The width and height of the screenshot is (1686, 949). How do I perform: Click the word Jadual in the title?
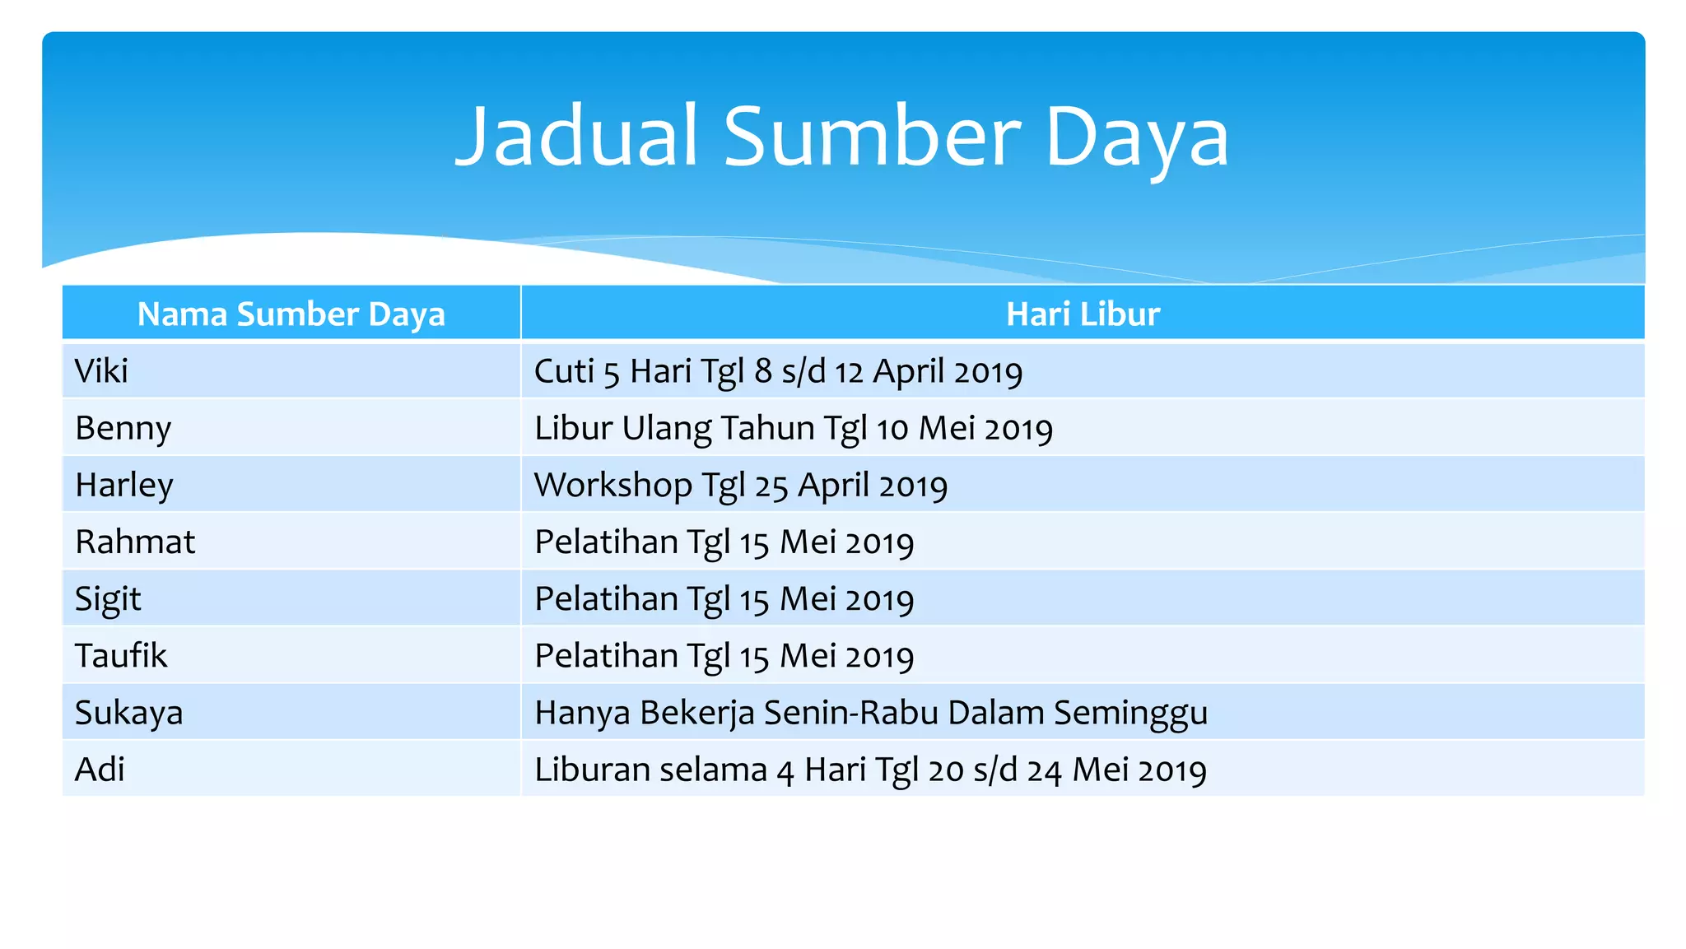pos(577,137)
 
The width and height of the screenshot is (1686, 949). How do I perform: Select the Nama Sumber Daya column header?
pos(291,314)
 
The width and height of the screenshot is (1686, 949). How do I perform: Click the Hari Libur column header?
pos(1083,314)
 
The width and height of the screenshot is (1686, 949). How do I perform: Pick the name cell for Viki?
pos(101,371)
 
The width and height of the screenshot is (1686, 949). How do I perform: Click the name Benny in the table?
pos(123,429)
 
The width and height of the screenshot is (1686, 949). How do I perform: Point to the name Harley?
pos(124,486)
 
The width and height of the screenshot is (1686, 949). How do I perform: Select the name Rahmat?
pos(135,542)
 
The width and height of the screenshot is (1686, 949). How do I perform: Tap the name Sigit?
pos(108,599)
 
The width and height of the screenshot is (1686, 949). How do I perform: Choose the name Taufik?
pos(121,656)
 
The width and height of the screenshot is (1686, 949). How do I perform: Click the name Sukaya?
pos(128,713)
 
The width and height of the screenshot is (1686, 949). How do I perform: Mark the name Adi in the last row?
pos(100,770)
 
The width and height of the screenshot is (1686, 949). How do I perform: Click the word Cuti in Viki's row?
pos(564,371)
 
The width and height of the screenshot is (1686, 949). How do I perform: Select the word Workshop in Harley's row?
pos(612,486)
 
